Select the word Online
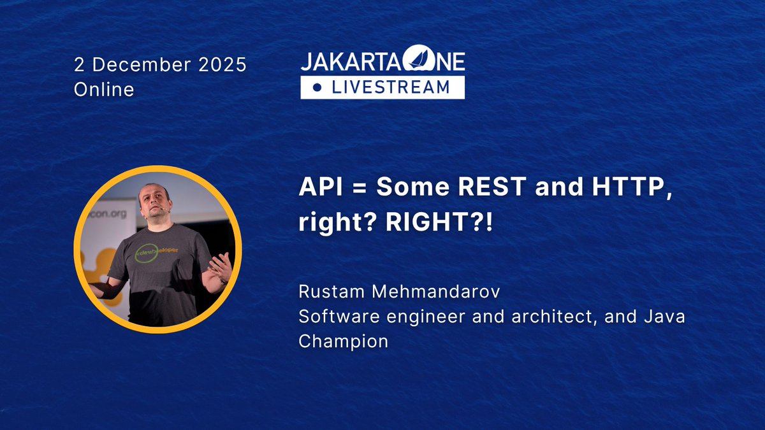coord(104,90)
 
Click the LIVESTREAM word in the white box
coord(390,87)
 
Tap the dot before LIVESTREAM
coord(317,88)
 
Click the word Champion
coord(343,341)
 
